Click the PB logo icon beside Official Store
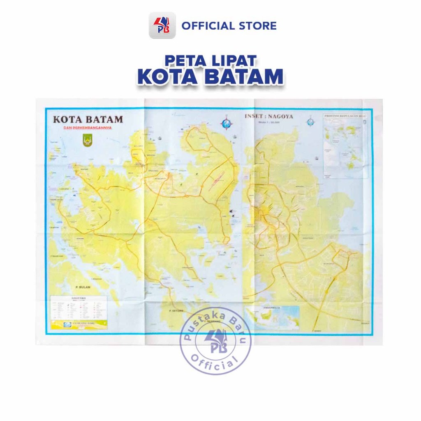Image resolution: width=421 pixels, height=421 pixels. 162,25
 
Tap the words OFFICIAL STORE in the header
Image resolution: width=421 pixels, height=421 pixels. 229,26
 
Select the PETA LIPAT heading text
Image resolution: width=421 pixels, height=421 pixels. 210,60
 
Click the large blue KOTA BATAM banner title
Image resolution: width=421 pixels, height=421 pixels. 210,76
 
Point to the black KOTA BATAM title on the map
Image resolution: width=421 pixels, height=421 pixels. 88,120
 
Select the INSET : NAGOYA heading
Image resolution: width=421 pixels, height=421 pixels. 269,116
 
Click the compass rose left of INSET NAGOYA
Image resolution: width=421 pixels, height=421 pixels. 226,123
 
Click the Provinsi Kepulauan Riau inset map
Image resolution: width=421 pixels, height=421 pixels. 345,146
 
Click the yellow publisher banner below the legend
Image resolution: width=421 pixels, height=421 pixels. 78,324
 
